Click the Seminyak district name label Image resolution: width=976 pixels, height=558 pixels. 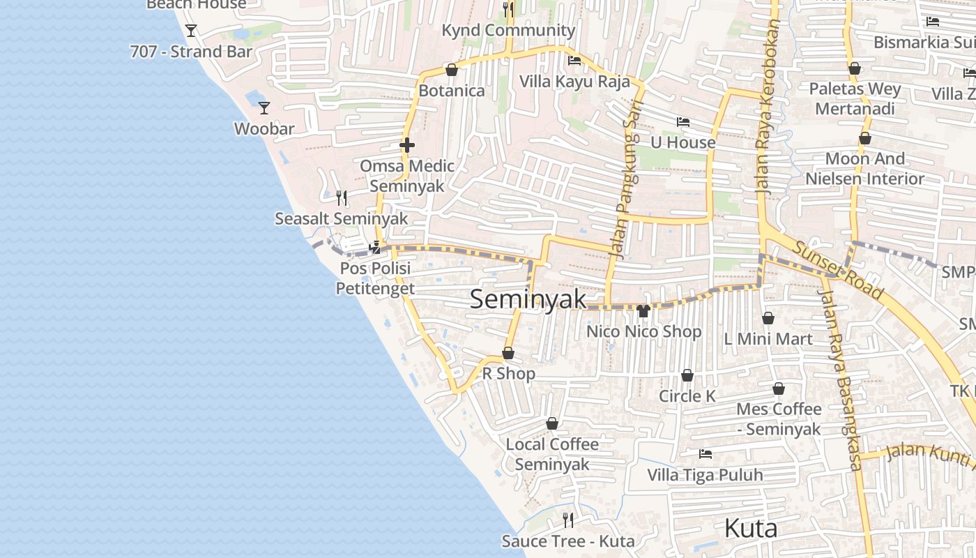[x=528, y=299]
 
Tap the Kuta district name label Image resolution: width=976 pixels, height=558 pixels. [x=750, y=528]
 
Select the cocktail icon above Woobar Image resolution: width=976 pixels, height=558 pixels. [x=264, y=108]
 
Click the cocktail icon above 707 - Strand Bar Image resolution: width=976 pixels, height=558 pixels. [x=191, y=31]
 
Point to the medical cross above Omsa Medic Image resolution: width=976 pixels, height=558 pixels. [x=407, y=145]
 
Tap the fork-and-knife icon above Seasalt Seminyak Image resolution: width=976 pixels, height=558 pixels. [x=342, y=198]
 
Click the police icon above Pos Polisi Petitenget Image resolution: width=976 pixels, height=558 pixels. [x=375, y=248]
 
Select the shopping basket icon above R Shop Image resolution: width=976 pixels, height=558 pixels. [x=508, y=354]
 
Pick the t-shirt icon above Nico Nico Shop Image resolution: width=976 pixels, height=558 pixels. [x=643, y=311]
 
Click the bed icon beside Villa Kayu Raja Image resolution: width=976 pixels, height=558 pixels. [x=574, y=61]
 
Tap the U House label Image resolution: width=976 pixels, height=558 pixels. [x=683, y=142]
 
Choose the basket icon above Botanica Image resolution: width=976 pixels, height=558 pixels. [x=451, y=70]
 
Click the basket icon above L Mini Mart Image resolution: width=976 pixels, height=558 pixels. [x=768, y=319]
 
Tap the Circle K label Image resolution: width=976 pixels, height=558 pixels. [x=687, y=396]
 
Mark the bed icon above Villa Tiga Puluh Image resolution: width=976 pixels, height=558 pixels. [x=706, y=454]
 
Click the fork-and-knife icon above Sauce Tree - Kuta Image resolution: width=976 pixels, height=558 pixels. [x=568, y=520]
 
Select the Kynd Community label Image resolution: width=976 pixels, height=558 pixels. [x=508, y=31]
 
